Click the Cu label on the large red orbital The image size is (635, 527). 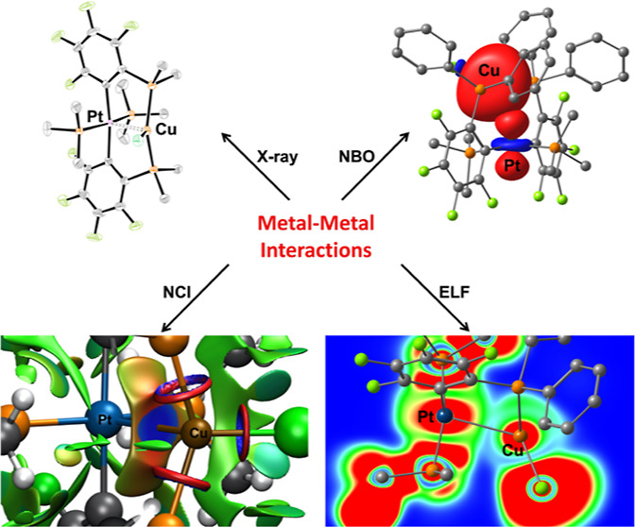pyautogui.click(x=489, y=70)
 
